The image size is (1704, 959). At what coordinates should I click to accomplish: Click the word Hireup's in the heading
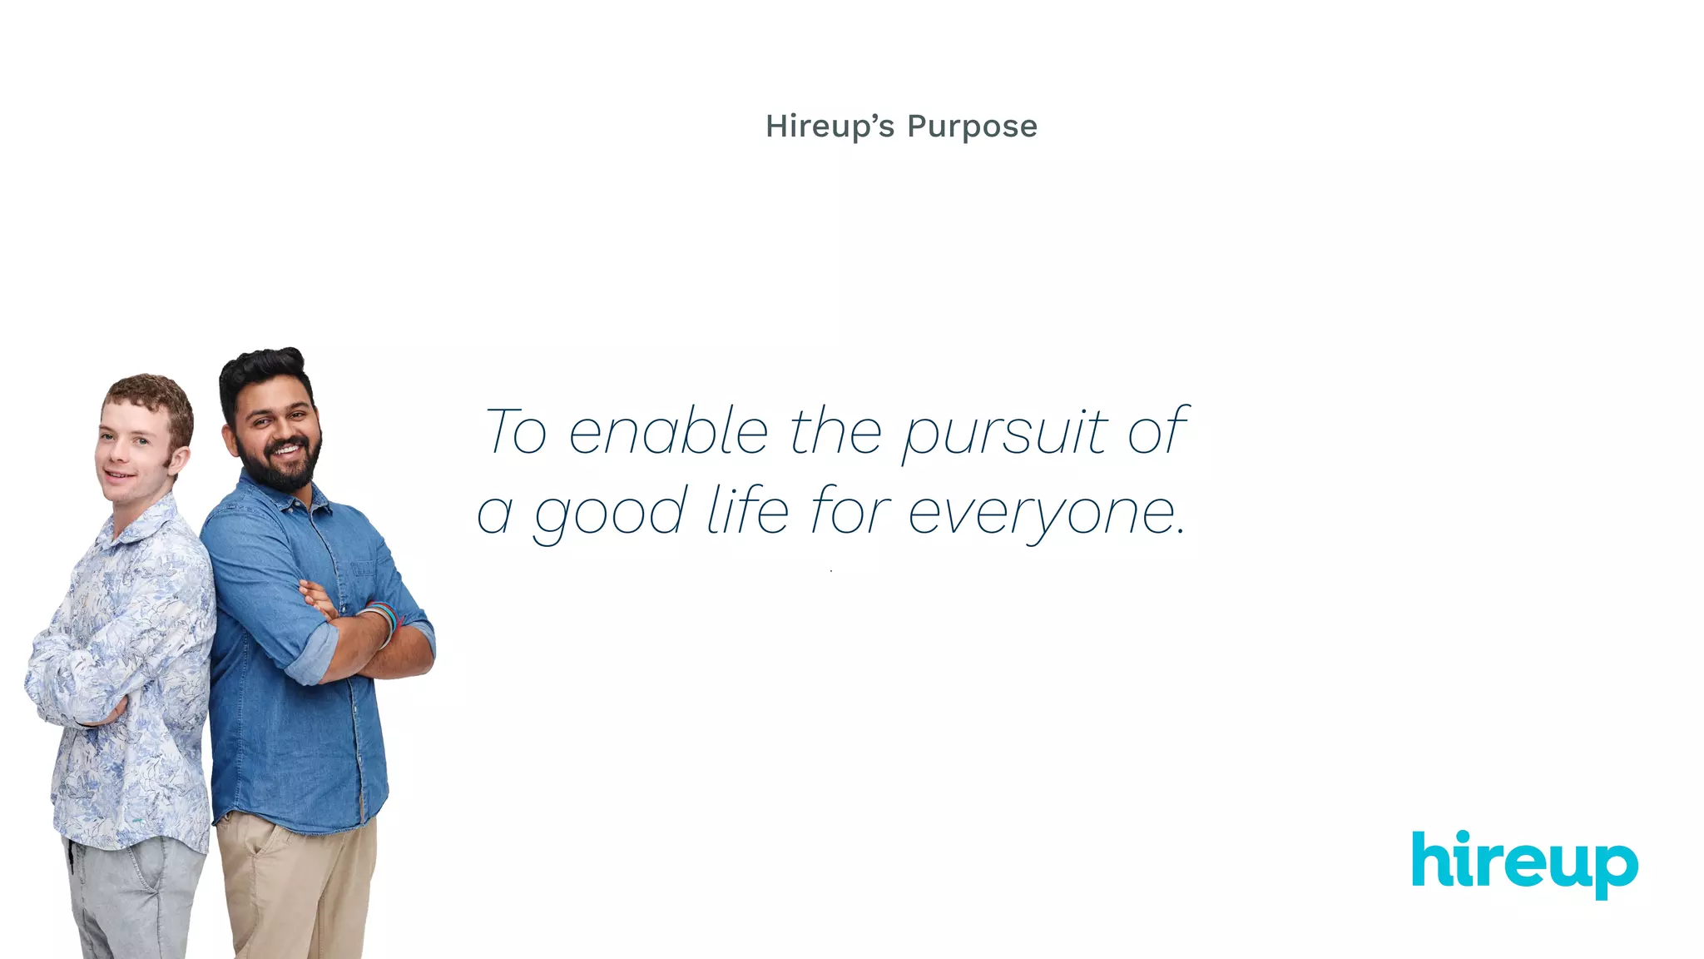pos(830,127)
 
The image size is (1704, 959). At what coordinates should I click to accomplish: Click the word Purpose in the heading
pos(972,127)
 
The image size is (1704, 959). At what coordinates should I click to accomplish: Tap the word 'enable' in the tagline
pos(668,433)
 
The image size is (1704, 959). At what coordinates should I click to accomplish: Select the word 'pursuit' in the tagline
pos(1006,433)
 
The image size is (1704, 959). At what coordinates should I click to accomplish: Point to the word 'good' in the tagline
pos(611,513)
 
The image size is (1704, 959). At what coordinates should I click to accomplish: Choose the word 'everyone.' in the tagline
pos(1046,513)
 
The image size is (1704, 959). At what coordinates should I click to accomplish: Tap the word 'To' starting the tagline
pos(516,433)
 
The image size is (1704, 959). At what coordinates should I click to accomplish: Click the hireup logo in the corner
pos(1524,862)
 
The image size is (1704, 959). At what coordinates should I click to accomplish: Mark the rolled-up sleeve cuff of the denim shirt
pos(312,653)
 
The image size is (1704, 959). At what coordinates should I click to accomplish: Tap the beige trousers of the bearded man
pos(295,891)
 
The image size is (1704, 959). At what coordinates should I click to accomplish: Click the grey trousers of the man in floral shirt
pos(137,899)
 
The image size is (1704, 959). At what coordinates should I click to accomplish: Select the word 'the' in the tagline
pos(835,433)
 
